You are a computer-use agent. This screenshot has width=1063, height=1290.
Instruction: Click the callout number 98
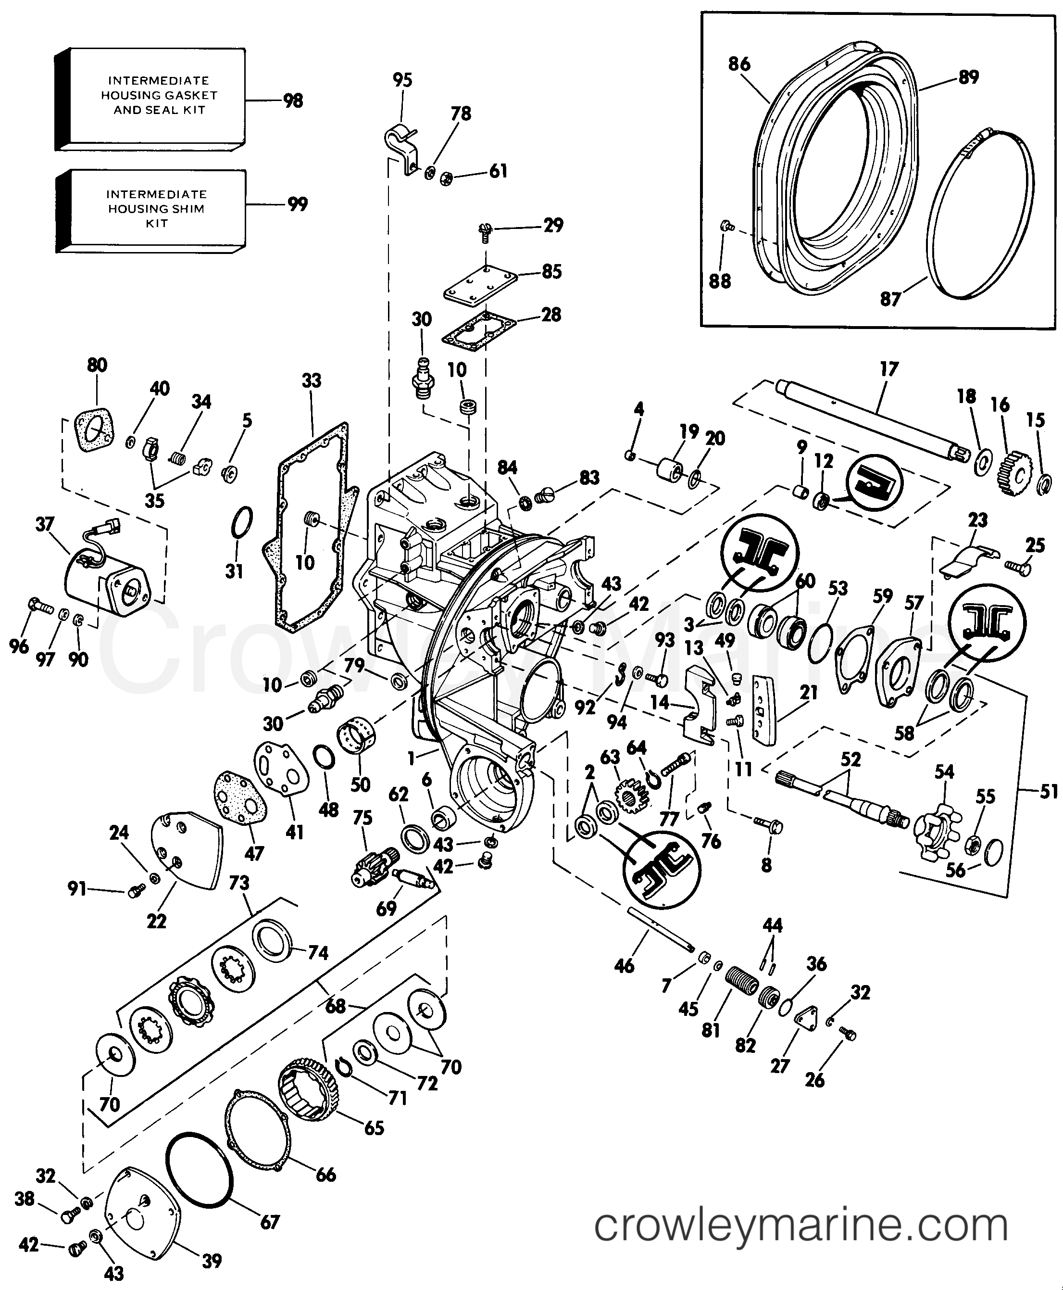[x=293, y=101]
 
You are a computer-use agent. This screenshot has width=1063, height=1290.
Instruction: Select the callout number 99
[x=298, y=204]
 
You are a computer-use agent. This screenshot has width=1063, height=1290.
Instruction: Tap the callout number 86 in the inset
[x=739, y=63]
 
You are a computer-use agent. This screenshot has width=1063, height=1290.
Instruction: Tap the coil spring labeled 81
[x=742, y=984]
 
